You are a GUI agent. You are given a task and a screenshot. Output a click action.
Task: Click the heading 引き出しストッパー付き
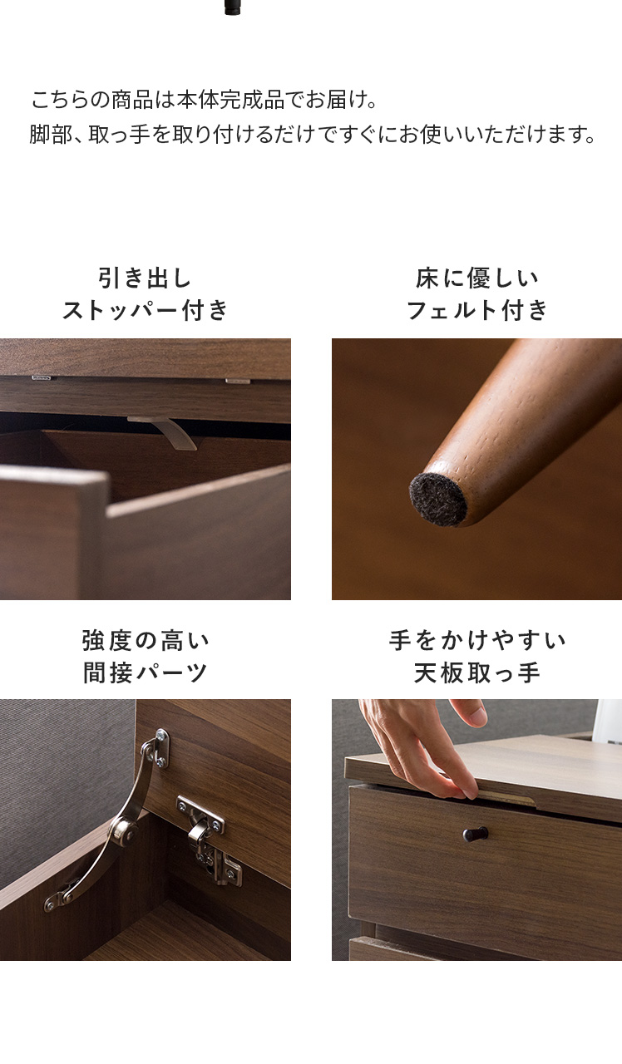coord(146,294)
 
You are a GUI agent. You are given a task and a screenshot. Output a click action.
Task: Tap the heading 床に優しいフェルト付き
coord(477,294)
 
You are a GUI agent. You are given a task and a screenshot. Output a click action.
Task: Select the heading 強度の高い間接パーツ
coord(146,657)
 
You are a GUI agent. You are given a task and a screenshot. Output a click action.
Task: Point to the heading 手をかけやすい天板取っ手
coord(477,657)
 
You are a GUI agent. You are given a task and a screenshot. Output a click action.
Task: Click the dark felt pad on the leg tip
coord(437,500)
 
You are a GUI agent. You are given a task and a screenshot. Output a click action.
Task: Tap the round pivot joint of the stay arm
coord(125,830)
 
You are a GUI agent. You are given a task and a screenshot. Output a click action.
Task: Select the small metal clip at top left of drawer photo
coord(42,378)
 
